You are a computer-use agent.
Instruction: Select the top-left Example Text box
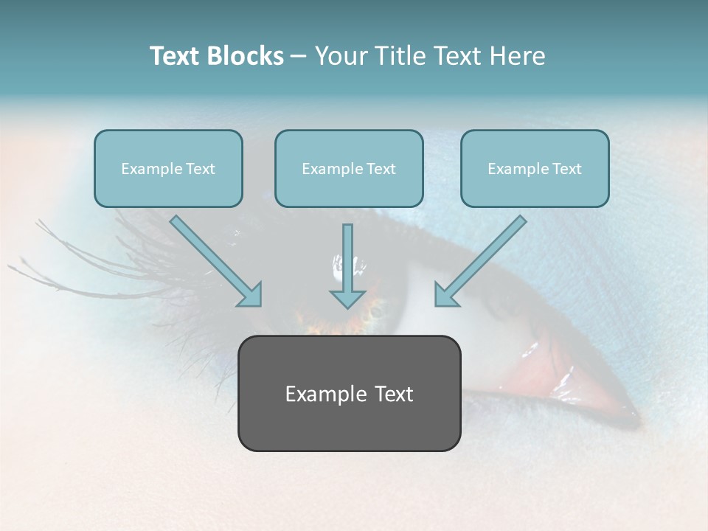(168, 168)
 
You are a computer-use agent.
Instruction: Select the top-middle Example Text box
(349, 168)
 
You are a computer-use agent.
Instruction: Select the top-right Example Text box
(535, 168)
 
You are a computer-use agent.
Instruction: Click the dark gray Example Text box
(349, 393)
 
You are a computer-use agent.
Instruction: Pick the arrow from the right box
(484, 258)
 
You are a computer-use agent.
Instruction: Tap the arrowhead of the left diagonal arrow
(251, 295)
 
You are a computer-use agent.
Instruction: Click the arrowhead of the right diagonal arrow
(445, 295)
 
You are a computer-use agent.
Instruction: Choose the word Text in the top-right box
(567, 169)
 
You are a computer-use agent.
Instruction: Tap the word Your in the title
(340, 56)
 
